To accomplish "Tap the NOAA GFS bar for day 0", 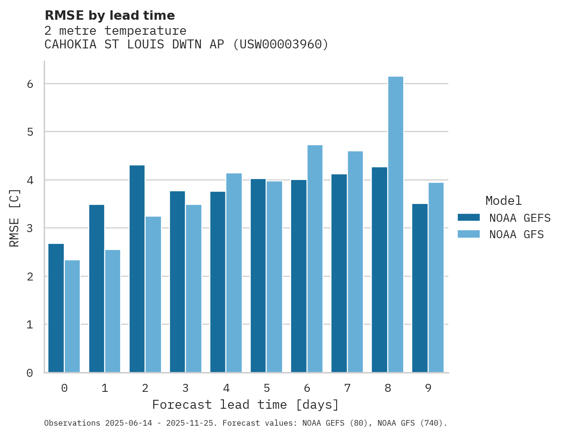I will click(x=72, y=316).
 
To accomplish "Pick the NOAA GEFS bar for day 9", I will click(x=420, y=288).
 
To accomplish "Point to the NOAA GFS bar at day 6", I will click(x=315, y=259).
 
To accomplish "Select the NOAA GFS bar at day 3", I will click(x=193, y=288).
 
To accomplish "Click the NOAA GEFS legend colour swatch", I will click(x=469, y=217).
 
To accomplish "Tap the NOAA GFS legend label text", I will click(x=516, y=234).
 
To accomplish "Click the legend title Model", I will click(x=503, y=201).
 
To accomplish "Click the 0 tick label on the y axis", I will click(x=29, y=373).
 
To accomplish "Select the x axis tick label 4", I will click(x=226, y=388).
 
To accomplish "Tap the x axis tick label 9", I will click(x=428, y=388).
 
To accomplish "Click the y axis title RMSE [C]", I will click(x=15, y=218).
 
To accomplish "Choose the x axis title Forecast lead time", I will click(x=245, y=405).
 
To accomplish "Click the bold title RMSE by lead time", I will click(x=109, y=16).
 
